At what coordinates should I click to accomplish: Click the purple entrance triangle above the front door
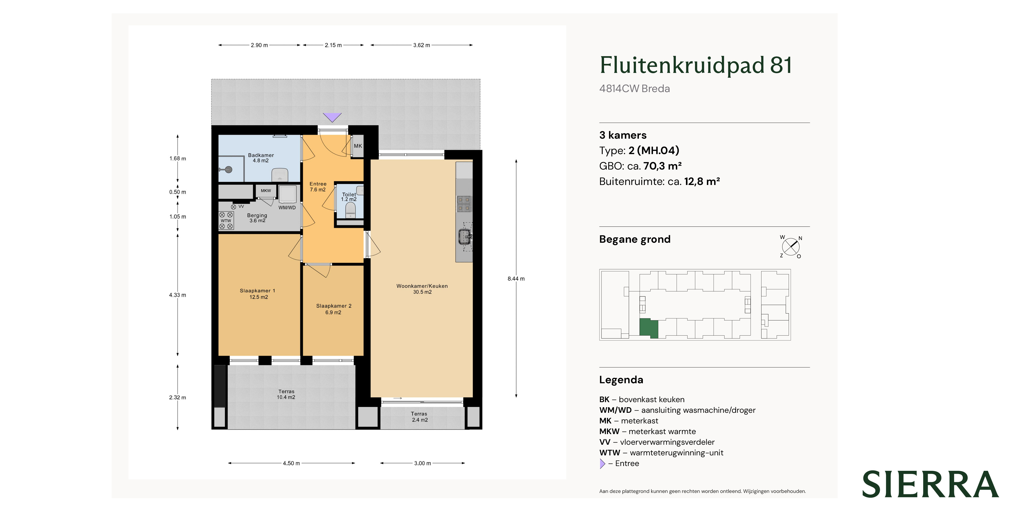[x=332, y=117]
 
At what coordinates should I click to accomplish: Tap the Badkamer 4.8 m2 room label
[x=261, y=158]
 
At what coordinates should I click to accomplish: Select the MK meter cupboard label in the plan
[x=358, y=146]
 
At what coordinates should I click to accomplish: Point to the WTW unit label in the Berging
[x=226, y=221]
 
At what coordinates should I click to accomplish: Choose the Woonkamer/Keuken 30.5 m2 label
[x=422, y=289]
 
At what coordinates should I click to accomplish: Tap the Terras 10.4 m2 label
[x=286, y=394]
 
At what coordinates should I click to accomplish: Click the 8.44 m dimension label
[x=516, y=279]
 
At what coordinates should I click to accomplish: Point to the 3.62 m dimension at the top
[x=421, y=45]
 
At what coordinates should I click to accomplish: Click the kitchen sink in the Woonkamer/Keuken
[x=464, y=237]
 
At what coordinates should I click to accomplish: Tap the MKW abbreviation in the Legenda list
[x=609, y=431]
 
